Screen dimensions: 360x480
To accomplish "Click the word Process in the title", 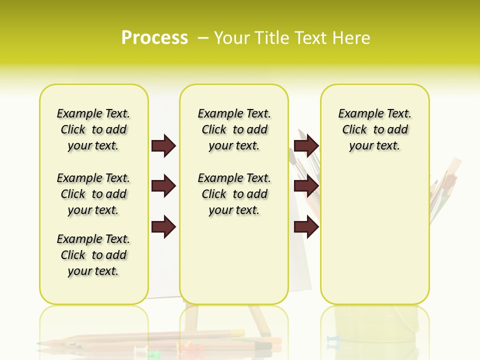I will [154, 38].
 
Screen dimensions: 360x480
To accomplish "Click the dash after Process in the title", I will [203, 38].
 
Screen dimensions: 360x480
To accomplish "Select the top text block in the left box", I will [93, 129].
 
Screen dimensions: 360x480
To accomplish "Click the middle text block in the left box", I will [93, 194].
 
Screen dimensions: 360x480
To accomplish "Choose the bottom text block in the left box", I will [93, 255].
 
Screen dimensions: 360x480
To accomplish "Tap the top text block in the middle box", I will [234, 129].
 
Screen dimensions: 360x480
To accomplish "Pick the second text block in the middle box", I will [234, 194].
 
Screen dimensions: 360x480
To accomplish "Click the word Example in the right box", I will [357, 114].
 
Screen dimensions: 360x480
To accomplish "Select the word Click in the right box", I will [354, 130].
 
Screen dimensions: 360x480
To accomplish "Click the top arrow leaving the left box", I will [163, 145].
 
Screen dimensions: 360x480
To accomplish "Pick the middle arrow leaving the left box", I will [163, 186].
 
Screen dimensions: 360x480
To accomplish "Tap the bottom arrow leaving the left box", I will [163, 227].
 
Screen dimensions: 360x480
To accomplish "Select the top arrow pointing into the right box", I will [306, 145].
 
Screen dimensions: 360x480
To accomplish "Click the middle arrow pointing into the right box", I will [306, 186].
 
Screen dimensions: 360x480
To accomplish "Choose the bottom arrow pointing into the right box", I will [306, 227].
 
